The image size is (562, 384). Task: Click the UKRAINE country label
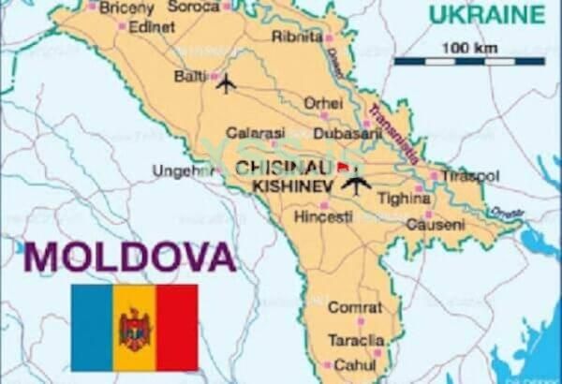(486, 14)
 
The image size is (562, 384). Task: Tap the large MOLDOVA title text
(130, 256)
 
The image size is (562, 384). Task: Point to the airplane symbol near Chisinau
(356, 184)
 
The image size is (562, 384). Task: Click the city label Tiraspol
(472, 176)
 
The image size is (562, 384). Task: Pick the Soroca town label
(193, 6)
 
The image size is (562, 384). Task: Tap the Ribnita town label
(296, 36)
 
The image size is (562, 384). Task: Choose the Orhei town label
(322, 102)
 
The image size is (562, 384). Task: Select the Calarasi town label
(247, 133)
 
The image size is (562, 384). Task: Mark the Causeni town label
(435, 225)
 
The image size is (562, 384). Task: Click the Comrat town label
(354, 307)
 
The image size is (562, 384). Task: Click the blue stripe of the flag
(92, 328)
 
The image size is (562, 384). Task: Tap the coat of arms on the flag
(134, 329)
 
